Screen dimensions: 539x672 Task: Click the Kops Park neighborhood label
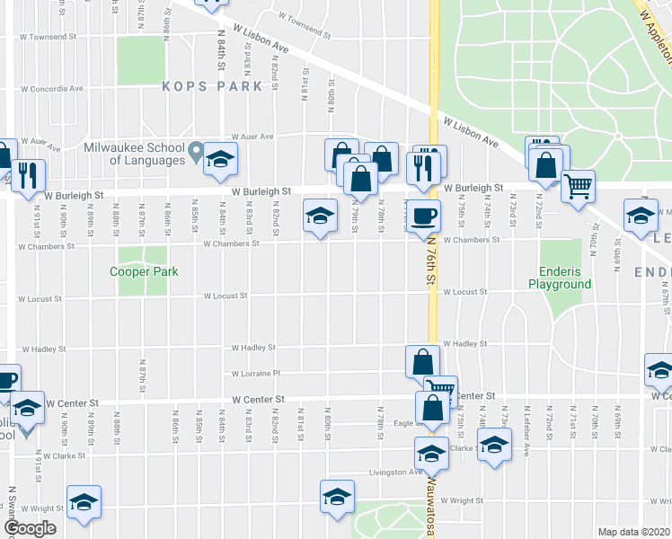pos(213,86)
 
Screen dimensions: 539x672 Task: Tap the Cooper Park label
pos(144,271)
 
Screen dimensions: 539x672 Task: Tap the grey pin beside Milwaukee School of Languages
pos(195,155)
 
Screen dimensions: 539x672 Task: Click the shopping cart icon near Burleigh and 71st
pos(579,186)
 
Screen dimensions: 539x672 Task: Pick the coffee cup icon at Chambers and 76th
pos(424,216)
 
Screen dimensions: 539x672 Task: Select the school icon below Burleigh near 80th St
pos(317,216)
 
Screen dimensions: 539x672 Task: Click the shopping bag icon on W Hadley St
pos(421,362)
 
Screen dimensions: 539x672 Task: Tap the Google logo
pos(31,528)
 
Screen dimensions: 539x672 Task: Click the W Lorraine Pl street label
pos(256,374)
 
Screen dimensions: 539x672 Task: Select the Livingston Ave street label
pos(396,472)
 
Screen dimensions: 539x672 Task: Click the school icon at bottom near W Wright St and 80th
pos(338,497)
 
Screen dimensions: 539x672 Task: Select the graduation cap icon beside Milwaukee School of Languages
pos(219,160)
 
